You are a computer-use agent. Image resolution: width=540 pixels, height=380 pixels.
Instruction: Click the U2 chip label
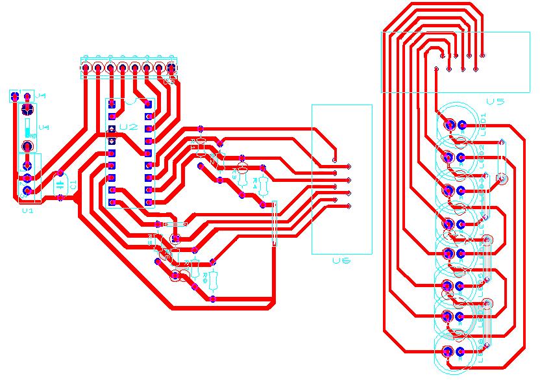click(129, 127)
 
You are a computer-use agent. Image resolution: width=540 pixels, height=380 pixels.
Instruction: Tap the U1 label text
click(27, 210)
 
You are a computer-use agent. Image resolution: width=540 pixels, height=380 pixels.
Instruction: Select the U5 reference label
click(495, 101)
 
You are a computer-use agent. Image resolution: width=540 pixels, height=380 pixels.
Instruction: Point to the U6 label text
click(341, 260)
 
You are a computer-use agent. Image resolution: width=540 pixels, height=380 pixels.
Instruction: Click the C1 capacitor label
click(73, 184)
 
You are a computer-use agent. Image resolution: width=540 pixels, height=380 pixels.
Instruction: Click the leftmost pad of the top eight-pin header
click(86, 67)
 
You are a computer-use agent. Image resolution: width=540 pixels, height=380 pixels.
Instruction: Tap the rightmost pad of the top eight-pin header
click(171, 67)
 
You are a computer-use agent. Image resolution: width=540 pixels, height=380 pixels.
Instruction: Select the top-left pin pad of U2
click(112, 104)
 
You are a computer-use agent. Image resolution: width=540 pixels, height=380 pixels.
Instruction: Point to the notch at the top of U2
click(130, 101)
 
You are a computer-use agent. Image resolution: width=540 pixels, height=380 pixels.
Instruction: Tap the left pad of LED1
click(448, 124)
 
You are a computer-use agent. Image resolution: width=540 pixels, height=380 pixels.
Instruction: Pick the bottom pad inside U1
click(27, 191)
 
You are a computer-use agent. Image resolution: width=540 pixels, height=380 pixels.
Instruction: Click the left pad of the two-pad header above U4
click(14, 96)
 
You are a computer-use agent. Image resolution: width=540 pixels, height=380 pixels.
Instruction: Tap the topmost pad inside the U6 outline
click(334, 160)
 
